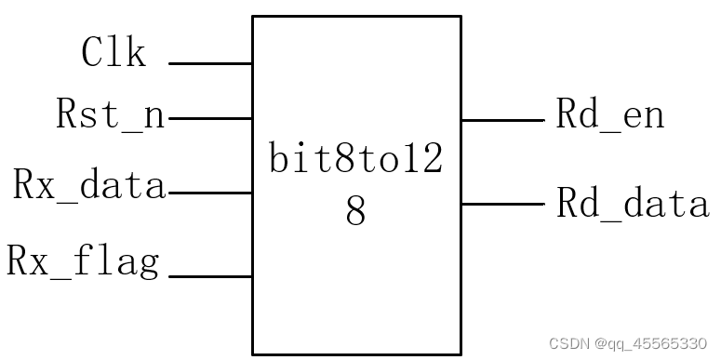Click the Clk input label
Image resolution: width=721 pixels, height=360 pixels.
pos(113,53)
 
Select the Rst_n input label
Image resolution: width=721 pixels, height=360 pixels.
pos(111,115)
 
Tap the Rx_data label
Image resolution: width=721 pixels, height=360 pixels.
pos(89,186)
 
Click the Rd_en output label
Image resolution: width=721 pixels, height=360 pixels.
pos(610,115)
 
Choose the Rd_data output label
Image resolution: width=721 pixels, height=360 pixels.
pos(633,202)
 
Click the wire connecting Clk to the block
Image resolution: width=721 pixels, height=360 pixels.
pos(210,64)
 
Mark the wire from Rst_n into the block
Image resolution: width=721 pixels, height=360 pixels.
pos(210,119)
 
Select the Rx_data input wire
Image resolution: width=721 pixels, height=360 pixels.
pos(210,193)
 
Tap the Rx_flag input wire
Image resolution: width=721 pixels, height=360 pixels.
pos(210,276)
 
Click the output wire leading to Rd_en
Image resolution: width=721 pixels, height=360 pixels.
pos(502,120)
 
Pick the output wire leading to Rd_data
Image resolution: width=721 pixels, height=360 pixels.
pos(502,204)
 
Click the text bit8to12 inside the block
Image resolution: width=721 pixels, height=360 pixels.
pos(356,160)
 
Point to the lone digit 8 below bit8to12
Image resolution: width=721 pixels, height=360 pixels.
pos(356,212)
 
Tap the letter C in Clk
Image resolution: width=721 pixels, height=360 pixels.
pos(92,53)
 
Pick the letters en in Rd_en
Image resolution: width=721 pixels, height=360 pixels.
pos(643,116)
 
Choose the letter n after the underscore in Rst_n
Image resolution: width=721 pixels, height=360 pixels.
pos(154,116)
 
